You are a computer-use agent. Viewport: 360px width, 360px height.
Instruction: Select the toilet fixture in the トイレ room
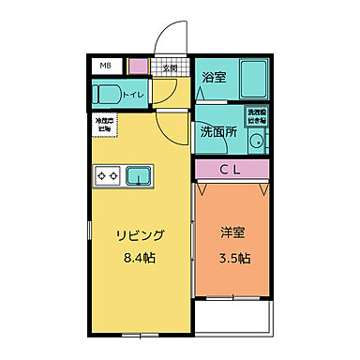click(x=109, y=93)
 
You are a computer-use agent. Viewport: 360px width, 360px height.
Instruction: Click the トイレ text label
click(x=135, y=94)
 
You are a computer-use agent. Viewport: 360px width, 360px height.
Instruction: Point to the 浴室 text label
click(x=214, y=80)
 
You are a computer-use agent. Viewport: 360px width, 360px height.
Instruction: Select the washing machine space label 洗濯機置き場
click(x=256, y=116)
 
